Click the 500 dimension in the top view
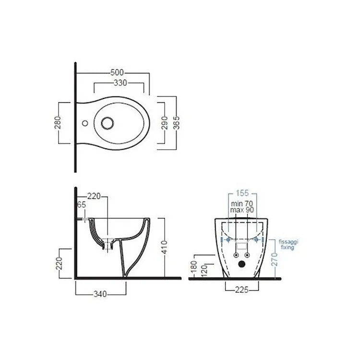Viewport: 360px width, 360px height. click(x=115, y=73)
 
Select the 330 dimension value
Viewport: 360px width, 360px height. click(x=120, y=83)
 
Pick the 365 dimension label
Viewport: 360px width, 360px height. click(x=177, y=123)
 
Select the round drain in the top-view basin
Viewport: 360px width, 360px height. click(x=108, y=123)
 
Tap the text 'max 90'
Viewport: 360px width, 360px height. click(x=242, y=210)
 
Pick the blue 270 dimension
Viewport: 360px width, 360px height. click(x=275, y=259)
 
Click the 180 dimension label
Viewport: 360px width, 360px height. click(x=193, y=265)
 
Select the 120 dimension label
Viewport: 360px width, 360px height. click(x=204, y=270)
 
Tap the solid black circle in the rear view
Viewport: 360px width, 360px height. click(x=242, y=264)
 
